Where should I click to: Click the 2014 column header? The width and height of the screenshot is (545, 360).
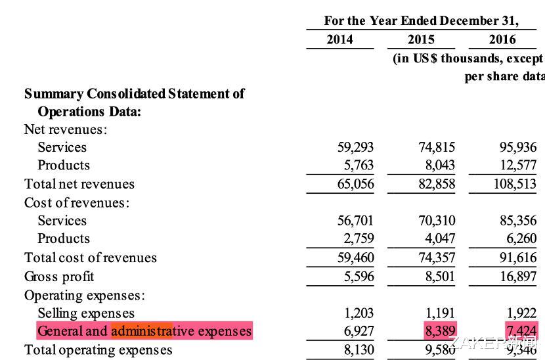(339, 39)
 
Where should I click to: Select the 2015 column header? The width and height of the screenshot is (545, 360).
(421, 39)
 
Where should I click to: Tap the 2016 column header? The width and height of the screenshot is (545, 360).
(502, 39)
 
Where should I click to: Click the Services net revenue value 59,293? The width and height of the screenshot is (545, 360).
(355, 147)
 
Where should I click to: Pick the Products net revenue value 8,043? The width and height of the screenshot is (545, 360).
(437, 165)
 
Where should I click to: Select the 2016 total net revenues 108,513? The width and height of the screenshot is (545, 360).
(515, 184)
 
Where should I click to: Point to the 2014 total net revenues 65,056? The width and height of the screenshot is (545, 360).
(355, 184)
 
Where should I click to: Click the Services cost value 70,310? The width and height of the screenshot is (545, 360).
(437, 221)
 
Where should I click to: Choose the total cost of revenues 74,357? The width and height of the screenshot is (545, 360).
(437, 258)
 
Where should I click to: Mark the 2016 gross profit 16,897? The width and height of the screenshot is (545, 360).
(518, 277)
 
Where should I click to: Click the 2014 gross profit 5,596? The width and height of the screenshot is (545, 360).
(359, 277)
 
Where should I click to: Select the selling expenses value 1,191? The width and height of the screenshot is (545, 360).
(440, 313)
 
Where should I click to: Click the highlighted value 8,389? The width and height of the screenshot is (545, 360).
(440, 330)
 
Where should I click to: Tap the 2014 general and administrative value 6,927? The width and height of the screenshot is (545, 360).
(359, 330)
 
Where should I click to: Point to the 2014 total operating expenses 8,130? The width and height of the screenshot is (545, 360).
(359, 349)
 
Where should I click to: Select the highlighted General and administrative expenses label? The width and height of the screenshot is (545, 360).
(144, 330)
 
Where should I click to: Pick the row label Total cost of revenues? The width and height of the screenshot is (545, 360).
(91, 258)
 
